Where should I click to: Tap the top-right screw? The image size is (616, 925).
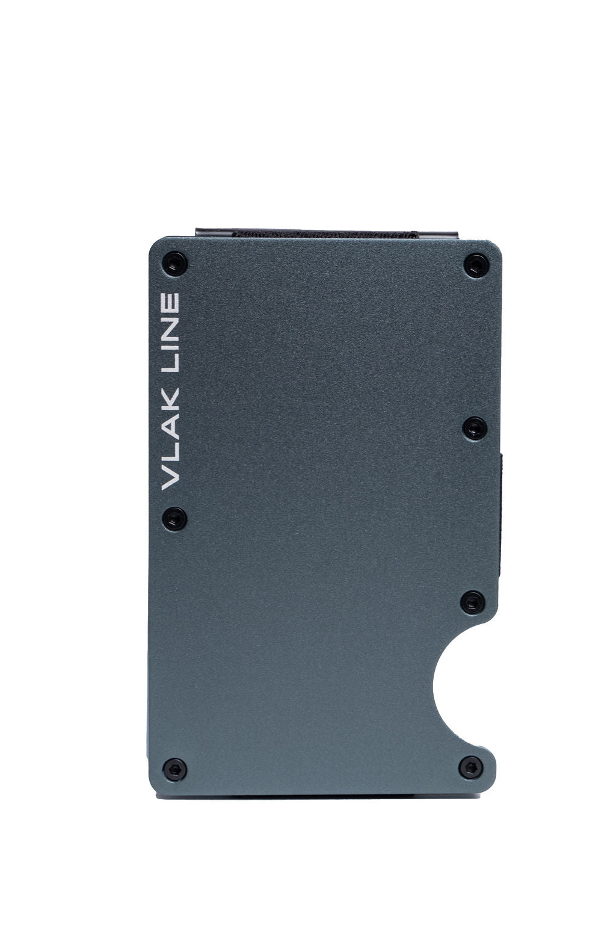(476, 265)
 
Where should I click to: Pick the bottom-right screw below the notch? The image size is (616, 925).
(471, 767)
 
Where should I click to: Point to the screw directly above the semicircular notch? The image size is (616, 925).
(473, 602)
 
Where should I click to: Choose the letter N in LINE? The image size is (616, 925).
(171, 326)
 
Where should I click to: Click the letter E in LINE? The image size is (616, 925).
(171, 303)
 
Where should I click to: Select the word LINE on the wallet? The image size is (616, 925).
(171, 330)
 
